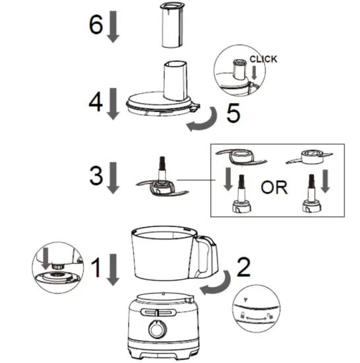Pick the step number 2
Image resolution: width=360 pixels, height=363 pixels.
pyautogui.click(x=243, y=267)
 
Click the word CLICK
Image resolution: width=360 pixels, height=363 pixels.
pyautogui.click(x=263, y=59)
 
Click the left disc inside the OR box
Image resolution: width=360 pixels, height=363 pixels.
pyautogui.click(x=239, y=158)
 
